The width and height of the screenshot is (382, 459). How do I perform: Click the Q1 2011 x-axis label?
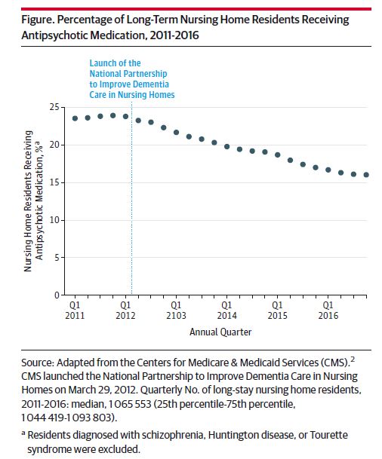(75, 311)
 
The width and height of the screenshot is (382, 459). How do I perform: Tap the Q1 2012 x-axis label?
(125, 311)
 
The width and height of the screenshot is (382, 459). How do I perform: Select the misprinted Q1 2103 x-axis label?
(176, 311)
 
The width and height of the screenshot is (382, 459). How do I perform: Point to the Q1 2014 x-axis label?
(226, 311)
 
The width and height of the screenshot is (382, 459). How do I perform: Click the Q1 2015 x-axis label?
(277, 311)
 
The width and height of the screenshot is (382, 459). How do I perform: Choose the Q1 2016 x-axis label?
(328, 311)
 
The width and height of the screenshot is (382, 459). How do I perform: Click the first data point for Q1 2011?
(75, 118)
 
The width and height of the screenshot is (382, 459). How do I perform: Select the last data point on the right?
(366, 175)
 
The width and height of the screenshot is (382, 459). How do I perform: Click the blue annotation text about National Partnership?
(131, 78)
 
